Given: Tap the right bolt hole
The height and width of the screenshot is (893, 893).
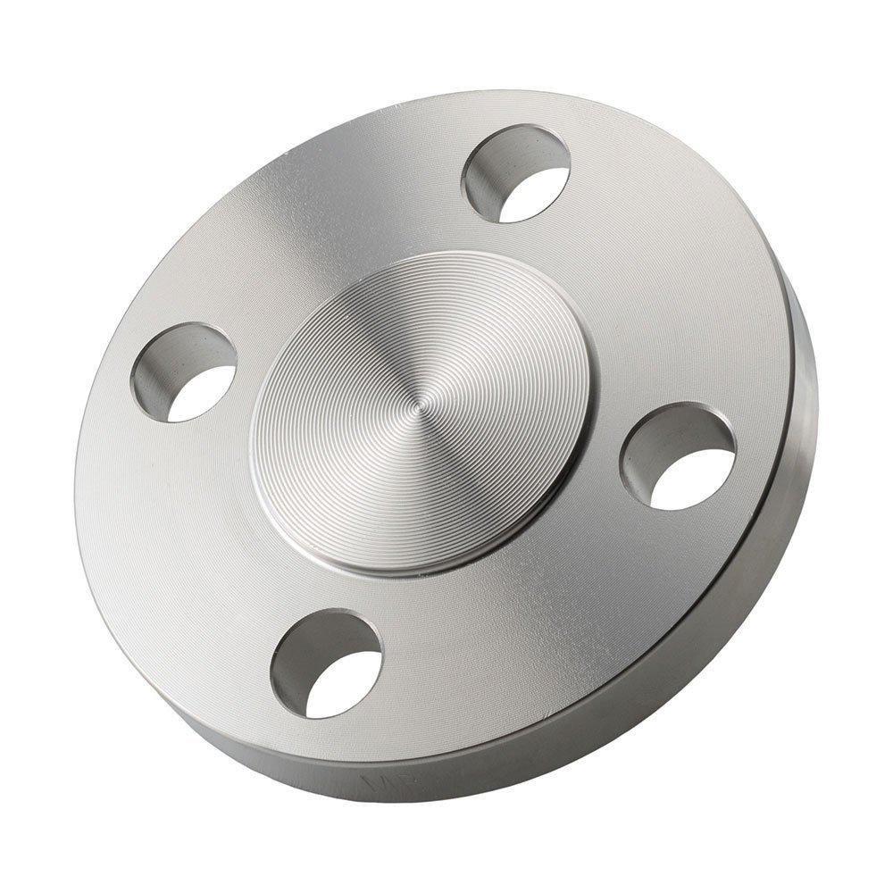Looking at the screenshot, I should click(x=679, y=456).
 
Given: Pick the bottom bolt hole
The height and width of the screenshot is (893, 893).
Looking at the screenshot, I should click(x=327, y=664).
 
